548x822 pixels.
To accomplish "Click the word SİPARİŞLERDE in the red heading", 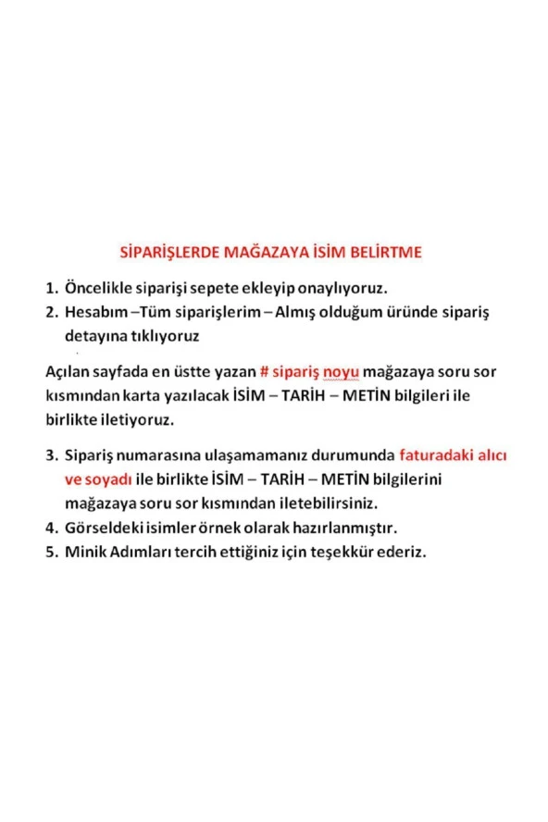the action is [x=167, y=251].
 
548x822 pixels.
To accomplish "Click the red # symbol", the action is [x=264, y=372].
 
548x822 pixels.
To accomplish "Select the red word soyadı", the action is [x=108, y=479].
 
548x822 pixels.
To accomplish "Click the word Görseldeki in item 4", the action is [x=104, y=529].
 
